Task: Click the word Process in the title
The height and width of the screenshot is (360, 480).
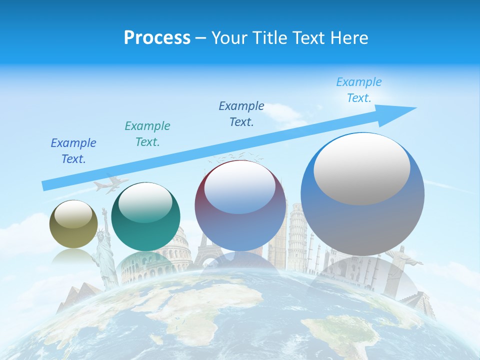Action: (x=157, y=38)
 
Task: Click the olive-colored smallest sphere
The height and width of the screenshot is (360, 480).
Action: (x=73, y=224)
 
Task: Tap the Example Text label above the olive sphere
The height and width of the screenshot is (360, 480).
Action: (x=73, y=151)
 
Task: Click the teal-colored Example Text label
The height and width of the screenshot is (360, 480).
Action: (x=147, y=134)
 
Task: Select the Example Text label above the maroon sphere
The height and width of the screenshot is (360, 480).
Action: (x=241, y=114)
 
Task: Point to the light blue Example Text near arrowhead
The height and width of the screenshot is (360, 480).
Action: (x=358, y=90)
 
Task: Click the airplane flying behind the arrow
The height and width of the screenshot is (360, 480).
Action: (x=110, y=184)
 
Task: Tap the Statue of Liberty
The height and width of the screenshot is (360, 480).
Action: (x=105, y=250)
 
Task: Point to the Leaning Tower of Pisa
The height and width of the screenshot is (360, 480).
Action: (x=297, y=235)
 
